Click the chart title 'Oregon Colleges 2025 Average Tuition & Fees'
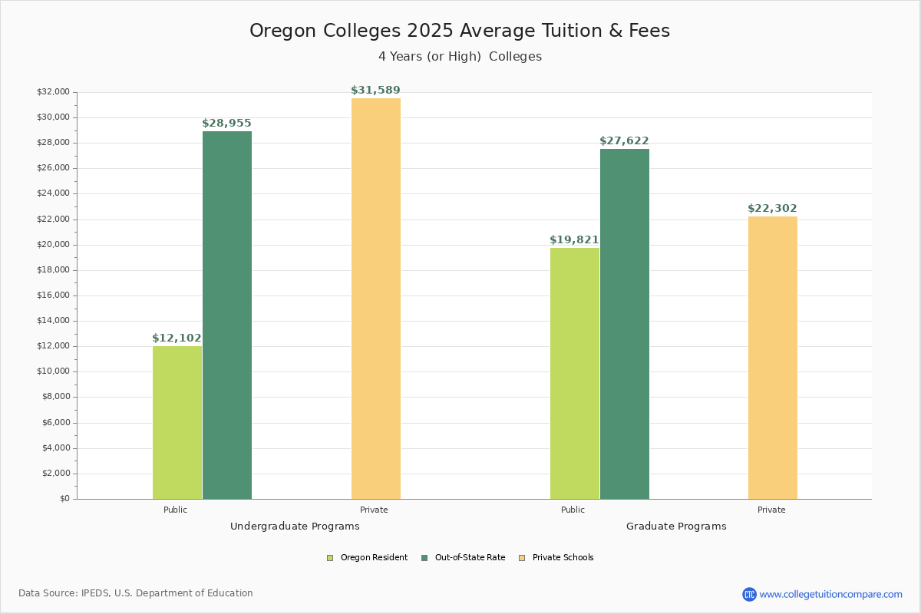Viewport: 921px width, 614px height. point(460,31)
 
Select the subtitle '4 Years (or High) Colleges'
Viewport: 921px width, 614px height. point(460,57)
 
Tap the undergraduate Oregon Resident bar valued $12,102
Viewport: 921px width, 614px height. point(177,422)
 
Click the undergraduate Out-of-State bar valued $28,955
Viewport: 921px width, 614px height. point(227,315)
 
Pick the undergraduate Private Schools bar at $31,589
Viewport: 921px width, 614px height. point(376,299)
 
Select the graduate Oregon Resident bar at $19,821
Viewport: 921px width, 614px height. point(575,373)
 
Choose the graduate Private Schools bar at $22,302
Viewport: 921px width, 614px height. point(773,358)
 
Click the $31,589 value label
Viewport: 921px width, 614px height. point(375,91)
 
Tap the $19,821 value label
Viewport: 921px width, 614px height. point(574,240)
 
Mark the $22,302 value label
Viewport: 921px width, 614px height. point(772,209)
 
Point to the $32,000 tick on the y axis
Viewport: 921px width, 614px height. point(53,92)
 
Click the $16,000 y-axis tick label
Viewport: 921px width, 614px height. point(53,295)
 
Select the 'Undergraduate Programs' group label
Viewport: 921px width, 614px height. point(295,527)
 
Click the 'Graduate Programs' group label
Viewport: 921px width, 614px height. point(676,527)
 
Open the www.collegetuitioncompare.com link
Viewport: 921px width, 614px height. point(830,594)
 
